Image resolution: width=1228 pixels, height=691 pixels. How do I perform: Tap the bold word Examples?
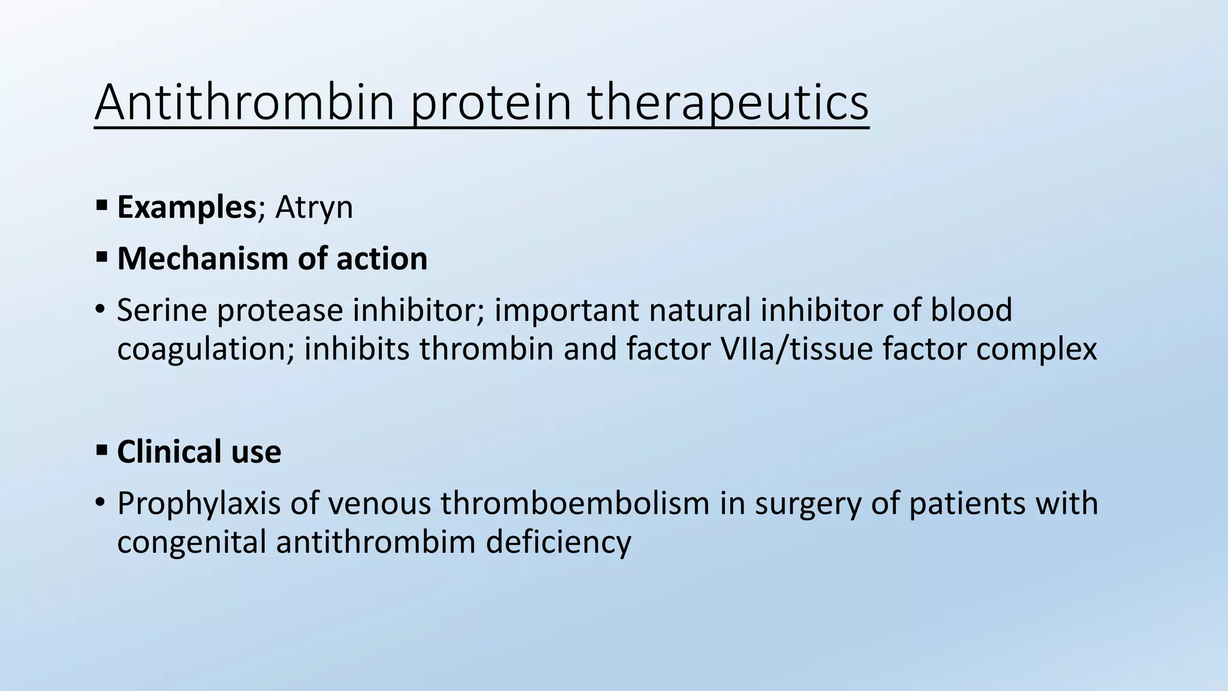(x=186, y=207)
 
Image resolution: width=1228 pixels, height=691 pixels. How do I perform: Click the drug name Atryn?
(x=314, y=208)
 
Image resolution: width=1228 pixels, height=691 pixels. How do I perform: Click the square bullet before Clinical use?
(x=101, y=450)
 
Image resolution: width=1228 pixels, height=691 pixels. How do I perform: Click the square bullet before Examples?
(x=101, y=206)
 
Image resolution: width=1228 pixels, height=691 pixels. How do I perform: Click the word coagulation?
(x=201, y=350)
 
